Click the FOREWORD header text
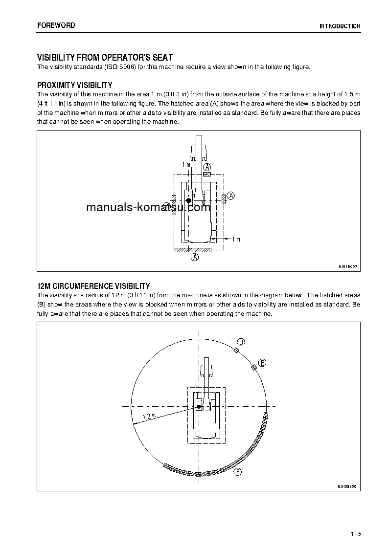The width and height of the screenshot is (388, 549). pos(56,25)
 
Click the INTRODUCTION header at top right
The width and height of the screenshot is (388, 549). pos(340,26)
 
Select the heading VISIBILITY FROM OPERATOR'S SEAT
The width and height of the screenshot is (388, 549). pos(105,58)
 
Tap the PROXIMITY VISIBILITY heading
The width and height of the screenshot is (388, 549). pos(75,85)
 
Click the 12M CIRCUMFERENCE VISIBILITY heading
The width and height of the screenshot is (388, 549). pos(93,286)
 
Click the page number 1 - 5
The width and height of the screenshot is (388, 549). pos(356,533)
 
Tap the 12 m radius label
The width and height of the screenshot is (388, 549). pos(149,417)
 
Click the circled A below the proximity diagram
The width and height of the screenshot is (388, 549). pos(194,257)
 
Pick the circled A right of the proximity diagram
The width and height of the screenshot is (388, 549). pos(231,196)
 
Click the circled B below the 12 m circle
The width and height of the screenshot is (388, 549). pos(238,472)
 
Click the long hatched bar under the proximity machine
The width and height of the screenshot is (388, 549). pos(193,250)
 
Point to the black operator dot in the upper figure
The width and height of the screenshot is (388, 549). pos(188,200)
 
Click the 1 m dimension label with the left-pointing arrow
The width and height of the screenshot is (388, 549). pos(235,239)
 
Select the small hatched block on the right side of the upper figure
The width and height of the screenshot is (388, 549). pos(223,198)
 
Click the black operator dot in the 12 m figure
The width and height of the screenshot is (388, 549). pos(199,406)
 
